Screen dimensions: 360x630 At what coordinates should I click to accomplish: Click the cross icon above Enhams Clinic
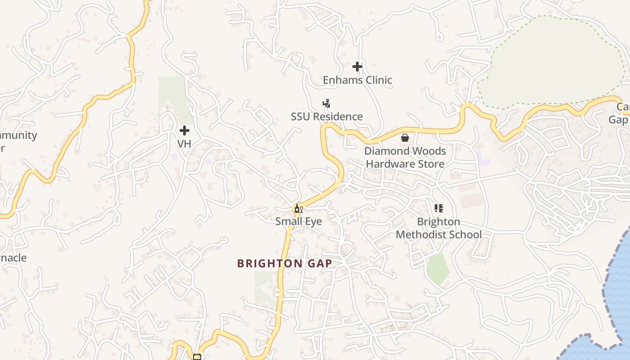(x=357, y=67)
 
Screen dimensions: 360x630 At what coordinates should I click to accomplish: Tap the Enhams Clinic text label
(x=357, y=80)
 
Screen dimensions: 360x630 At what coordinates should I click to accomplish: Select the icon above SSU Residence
(x=327, y=103)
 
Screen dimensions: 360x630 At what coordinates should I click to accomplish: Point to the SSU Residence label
(x=327, y=117)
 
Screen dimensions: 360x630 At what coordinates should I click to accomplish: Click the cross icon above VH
(x=184, y=130)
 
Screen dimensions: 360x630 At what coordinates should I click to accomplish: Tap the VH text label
(x=184, y=144)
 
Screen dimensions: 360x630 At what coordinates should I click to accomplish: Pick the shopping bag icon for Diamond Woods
(x=405, y=138)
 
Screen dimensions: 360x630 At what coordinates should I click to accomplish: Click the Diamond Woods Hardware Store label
(x=405, y=157)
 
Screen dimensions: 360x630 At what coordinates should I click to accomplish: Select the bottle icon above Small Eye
(x=297, y=209)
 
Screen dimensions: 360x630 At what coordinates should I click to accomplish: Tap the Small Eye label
(x=299, y=221)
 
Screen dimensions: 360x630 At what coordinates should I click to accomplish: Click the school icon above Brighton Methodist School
(x=439, y=208)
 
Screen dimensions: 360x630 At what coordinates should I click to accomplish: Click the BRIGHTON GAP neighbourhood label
(x=284, y=264)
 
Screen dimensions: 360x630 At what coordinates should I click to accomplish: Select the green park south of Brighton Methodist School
(x=438, y=268)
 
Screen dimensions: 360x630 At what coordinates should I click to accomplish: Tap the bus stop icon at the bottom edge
(x=197, y=357)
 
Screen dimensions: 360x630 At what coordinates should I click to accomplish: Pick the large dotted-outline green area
(x=553, y=58)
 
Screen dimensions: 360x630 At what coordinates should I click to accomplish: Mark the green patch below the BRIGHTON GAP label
(x=265, y=288)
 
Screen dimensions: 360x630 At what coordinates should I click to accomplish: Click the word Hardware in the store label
(x=391, y=164)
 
